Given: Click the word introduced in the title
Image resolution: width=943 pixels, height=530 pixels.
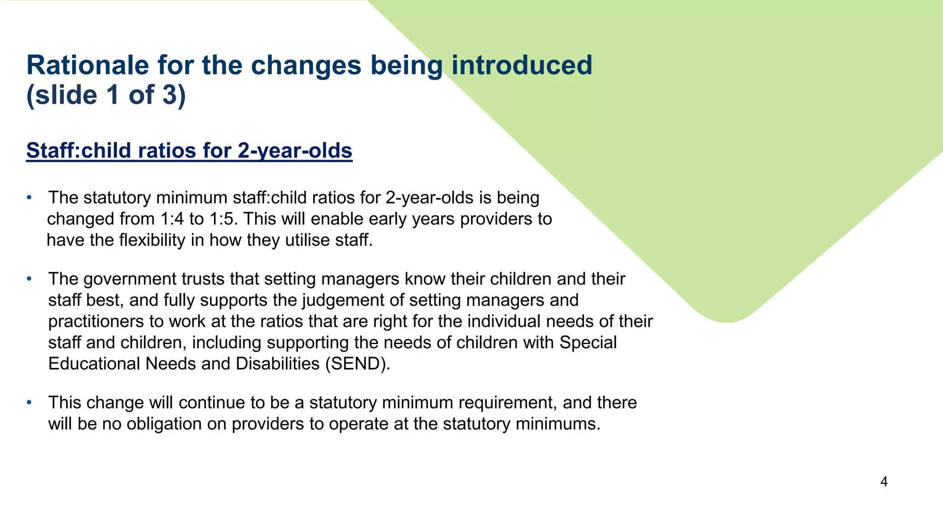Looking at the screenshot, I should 522,65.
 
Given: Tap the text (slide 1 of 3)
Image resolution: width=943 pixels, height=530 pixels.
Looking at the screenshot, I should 106,95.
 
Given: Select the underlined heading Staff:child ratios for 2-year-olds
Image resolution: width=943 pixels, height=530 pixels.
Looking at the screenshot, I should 189,150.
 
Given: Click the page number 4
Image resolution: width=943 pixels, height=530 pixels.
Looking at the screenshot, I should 884,482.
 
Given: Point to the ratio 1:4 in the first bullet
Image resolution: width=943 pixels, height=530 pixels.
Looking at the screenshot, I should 172,219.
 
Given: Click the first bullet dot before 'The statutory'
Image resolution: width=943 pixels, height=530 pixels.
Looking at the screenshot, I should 29,198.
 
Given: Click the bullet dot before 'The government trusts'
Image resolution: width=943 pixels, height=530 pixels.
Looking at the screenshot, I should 29,279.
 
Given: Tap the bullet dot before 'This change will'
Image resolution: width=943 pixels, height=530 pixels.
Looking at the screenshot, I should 29,403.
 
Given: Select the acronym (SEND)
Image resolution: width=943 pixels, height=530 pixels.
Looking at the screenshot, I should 357,364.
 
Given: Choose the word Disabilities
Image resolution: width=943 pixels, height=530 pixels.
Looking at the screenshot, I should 278,364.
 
